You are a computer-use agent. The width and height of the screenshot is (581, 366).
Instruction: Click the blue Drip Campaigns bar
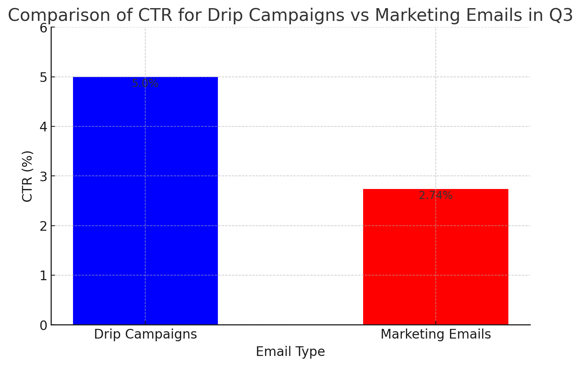click(x=145, y=201)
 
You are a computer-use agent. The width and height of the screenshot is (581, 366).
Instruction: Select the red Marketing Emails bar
click(x=435, y=257)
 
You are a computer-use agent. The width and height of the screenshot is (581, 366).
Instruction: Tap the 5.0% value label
click(x=145, y=83)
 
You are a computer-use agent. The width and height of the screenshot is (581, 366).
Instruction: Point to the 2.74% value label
click(x=435, y=196)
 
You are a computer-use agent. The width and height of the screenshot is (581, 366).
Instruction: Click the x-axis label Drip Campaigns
click(x=145, y=334)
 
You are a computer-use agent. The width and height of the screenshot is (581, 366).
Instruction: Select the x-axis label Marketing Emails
click(x=435, y=334)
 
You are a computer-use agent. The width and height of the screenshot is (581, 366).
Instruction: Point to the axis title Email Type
click(x=290, y=352)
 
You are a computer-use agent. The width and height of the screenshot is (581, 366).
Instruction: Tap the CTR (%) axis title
click(x=27, y=176)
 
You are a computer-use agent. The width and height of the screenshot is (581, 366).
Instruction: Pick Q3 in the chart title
click(x=562, y=15)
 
